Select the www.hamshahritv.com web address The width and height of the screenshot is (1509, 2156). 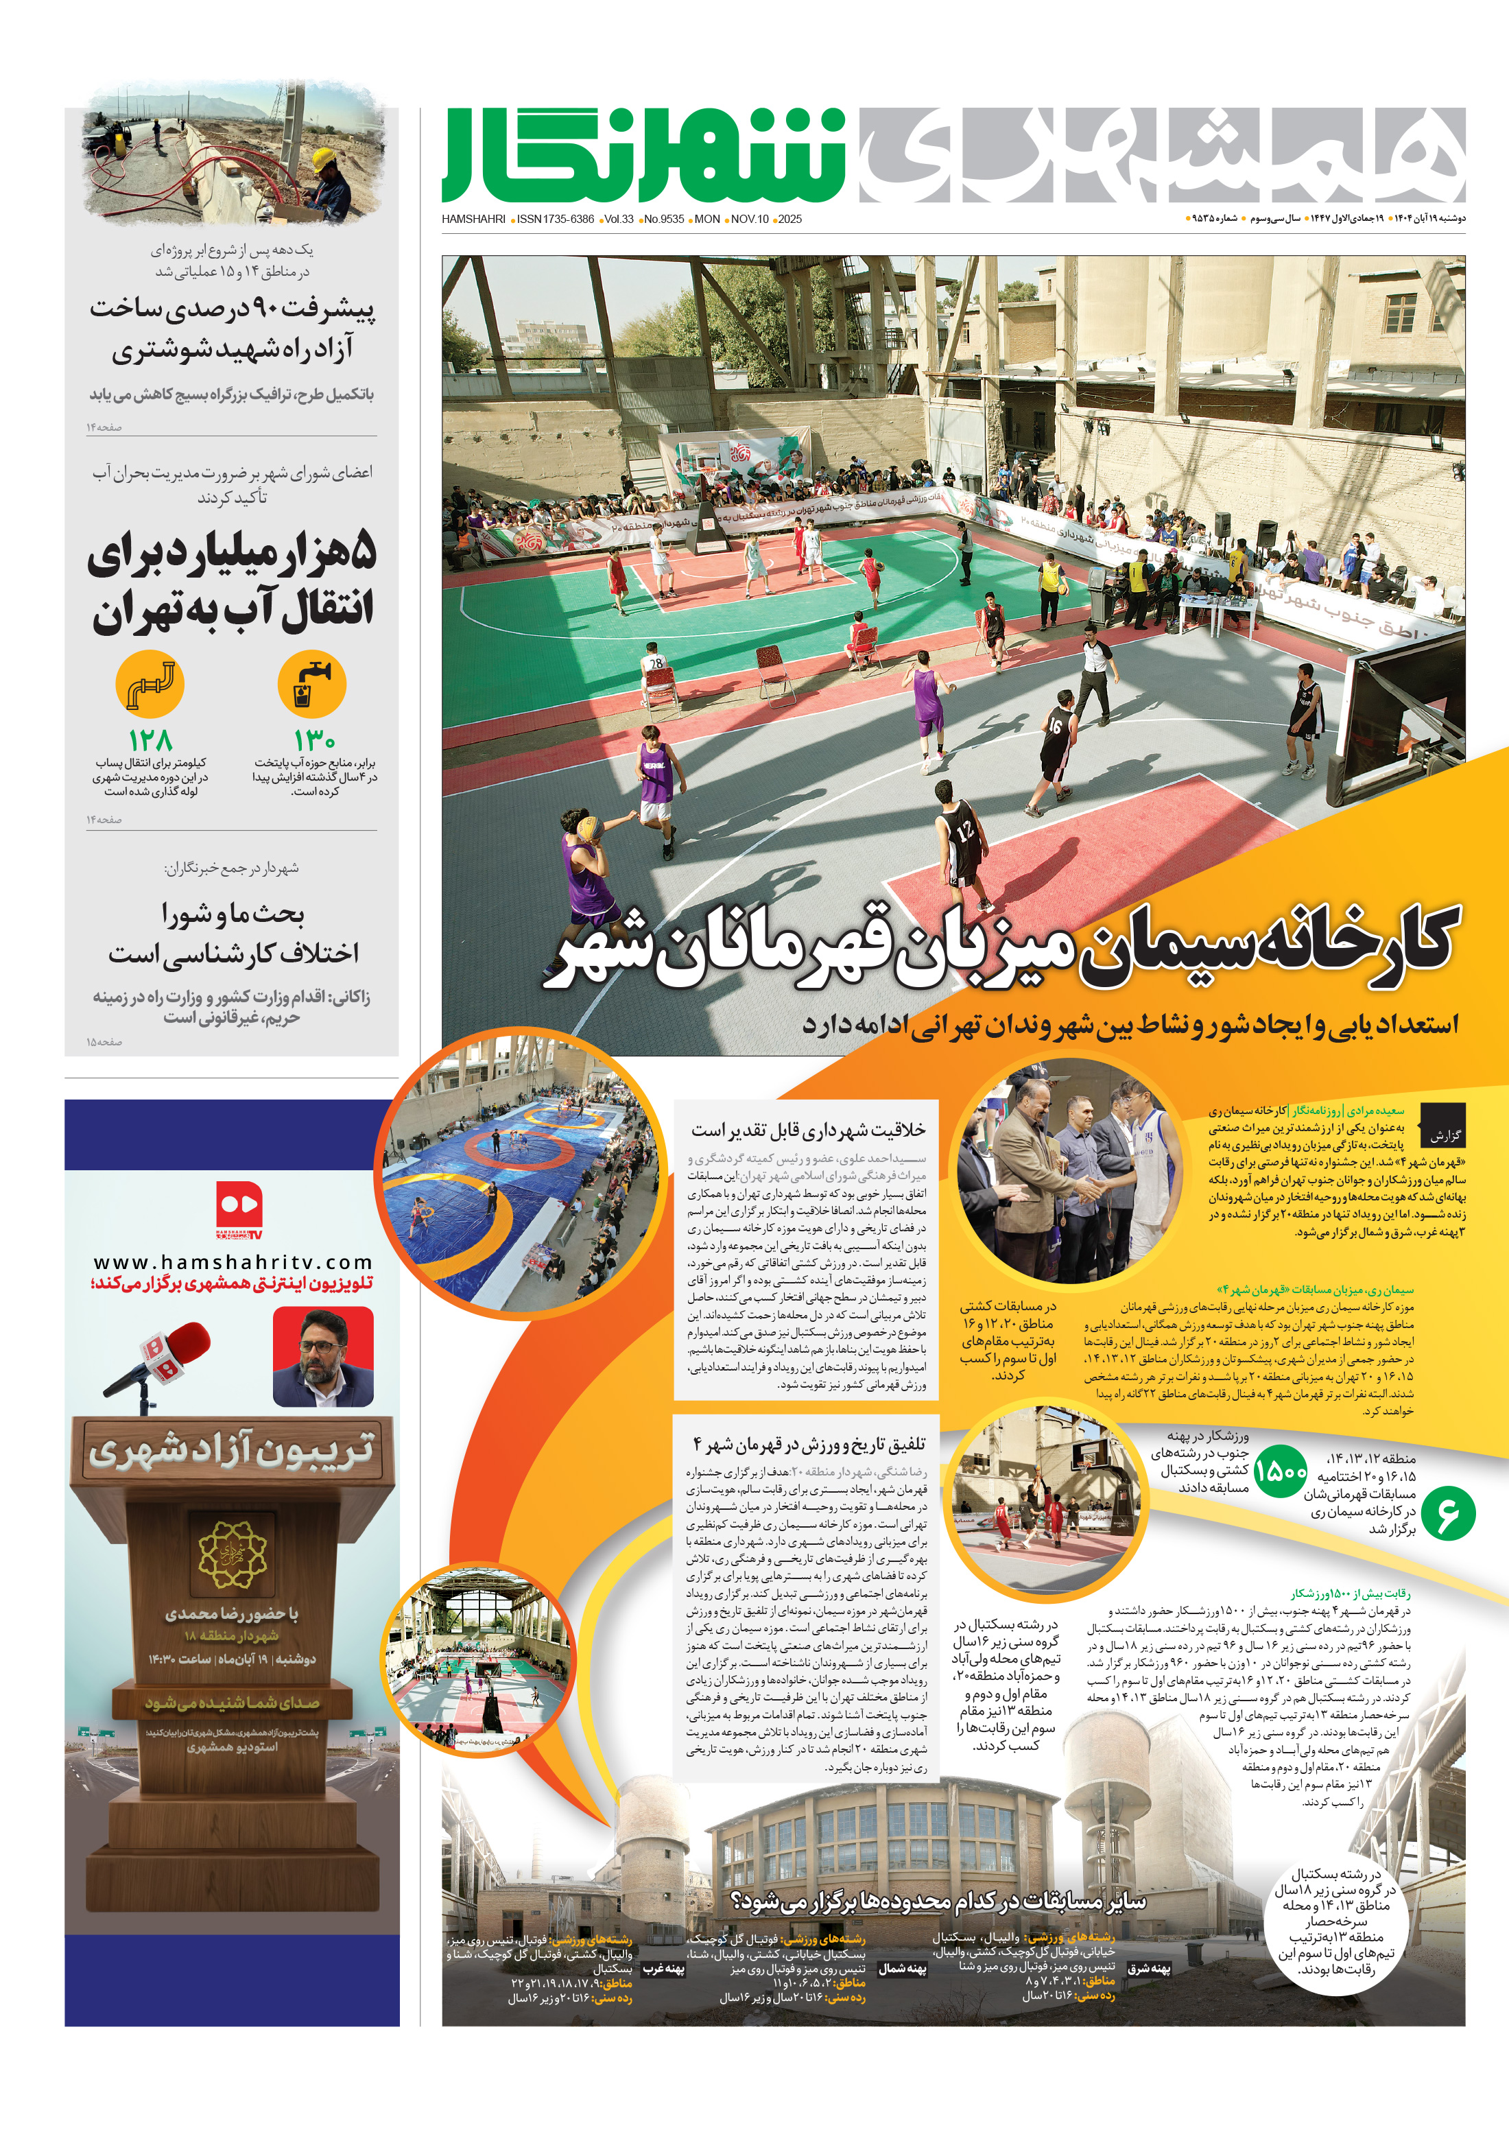(233, 1262)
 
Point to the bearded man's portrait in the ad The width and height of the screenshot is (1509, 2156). (322, 1357)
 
